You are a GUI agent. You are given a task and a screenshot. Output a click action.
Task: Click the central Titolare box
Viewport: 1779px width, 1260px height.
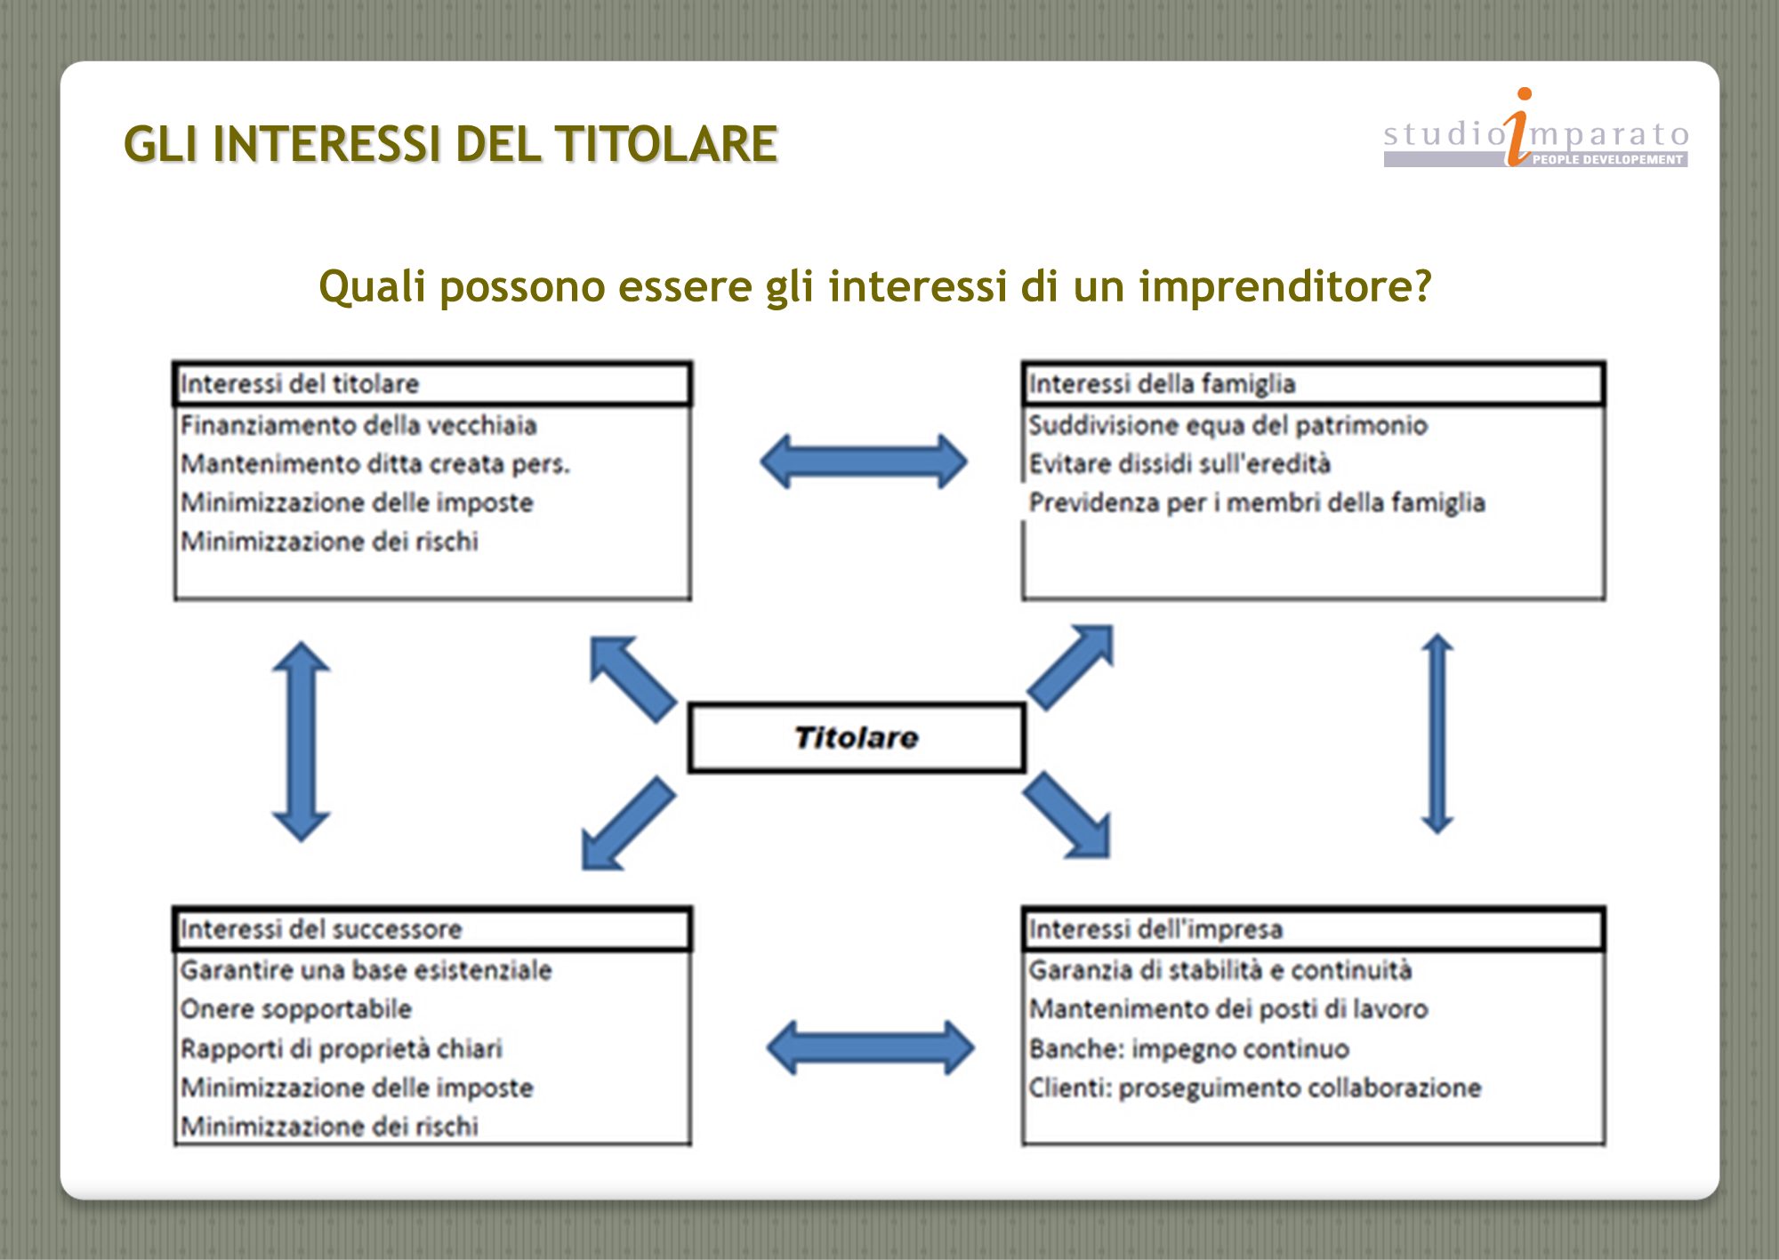(x=857, y=737)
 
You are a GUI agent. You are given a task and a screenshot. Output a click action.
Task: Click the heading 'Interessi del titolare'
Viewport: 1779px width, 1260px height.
(x=300, y=384)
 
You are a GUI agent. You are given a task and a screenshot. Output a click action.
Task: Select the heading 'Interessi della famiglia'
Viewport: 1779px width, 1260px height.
(x=1162, y=384)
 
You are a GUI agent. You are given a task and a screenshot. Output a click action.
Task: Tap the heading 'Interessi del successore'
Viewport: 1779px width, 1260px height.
(x=321, y=929)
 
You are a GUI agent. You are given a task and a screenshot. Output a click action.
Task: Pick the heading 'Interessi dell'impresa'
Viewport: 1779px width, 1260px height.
(x=1155, y=929)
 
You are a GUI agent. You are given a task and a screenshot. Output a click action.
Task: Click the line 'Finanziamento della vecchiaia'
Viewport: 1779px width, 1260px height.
(x=358, y=425)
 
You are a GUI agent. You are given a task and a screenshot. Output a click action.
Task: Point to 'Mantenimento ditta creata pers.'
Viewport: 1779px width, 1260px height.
(x=375, y=464)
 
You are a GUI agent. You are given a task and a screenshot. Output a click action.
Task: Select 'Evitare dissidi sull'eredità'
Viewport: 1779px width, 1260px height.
(x=1179, y=464)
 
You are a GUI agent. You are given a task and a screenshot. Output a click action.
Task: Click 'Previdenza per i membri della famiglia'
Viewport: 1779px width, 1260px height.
(x=1257, y=503)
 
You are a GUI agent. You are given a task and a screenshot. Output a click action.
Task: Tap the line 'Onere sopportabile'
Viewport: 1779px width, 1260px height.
(x=296, y=1009)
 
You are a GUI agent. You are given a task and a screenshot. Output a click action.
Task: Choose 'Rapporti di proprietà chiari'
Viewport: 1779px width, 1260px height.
(x=342, y=1049)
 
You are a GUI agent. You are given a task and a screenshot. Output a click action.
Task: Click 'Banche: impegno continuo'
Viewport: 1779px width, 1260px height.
(x=1189, y=1049)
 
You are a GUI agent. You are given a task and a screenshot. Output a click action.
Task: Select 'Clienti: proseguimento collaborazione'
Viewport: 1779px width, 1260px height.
(x=1255, y=1088)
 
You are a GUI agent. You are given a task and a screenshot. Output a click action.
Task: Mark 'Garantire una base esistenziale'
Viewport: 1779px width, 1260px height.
(x=366, y=970)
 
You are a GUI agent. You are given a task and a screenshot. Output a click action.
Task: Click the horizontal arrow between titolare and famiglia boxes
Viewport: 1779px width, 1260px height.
(x=864, y=461)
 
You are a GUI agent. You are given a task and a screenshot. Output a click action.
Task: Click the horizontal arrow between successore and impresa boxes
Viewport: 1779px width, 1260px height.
(x=871, y=1047)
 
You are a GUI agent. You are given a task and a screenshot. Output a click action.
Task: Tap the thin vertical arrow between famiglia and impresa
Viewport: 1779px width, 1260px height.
(x=1437, y=734)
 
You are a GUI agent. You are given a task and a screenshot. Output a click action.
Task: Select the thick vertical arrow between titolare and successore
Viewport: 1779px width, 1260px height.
(x=302, y=742)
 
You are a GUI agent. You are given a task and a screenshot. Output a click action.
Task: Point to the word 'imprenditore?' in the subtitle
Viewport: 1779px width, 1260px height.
(x=1285, y=286)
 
